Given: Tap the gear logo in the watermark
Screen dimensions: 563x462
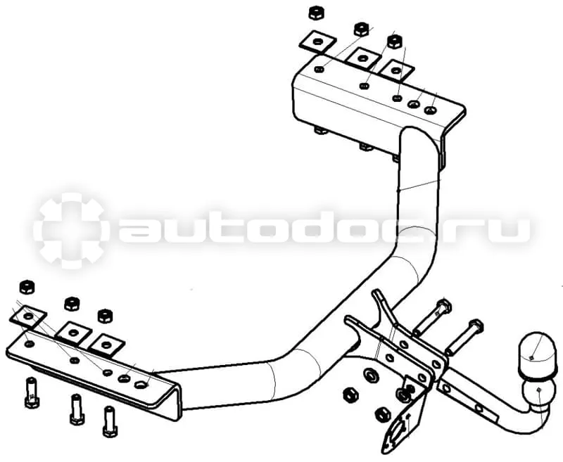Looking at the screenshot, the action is (70, 231).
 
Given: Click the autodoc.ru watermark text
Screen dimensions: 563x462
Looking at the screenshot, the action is (322, 230).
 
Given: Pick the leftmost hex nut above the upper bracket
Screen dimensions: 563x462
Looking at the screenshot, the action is (316, 13).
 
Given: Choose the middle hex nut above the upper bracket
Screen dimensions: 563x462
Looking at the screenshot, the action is (362, 29).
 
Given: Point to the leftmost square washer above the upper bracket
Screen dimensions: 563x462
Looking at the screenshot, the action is (317, 41).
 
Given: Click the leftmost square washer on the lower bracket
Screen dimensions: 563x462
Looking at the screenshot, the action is (27, 316).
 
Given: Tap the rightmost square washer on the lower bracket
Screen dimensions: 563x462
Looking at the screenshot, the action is (106, 345).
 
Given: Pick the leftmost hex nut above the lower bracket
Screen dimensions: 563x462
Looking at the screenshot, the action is (27, 288).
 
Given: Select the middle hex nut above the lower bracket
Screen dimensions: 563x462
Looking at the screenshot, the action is (72, 304).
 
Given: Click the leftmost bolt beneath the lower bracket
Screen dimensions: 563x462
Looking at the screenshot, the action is (32, 393).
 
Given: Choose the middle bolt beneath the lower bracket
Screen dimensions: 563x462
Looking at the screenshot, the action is (77, 409).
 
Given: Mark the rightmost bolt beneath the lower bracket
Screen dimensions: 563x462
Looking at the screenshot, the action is (110, 421).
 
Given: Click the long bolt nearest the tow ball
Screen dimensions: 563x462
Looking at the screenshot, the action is (464, 336).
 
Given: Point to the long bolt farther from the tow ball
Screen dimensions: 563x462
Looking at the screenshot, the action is (432, 316).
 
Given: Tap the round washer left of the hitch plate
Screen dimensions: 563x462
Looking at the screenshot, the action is (370, 376).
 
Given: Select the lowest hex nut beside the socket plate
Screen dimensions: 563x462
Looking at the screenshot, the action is (382, 415).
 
